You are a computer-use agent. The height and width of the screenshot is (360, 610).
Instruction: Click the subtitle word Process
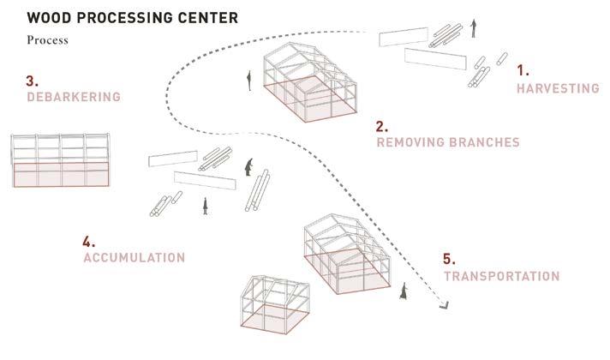pyautogui.click(x=47, y=40)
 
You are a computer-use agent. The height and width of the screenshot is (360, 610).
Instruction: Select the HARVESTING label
pyautogui.click(x=558, y=88)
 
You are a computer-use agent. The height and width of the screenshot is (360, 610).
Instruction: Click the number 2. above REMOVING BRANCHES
pyautogui.click(x=381, y=125)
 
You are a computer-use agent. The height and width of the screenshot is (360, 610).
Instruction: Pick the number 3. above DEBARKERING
pyautogui.click(x=32, y=81)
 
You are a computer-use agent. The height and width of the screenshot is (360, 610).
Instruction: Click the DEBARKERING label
pyautogui.click(x=73, y=98)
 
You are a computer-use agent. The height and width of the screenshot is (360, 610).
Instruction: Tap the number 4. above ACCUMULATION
pyautogui.click(x=89, y=241)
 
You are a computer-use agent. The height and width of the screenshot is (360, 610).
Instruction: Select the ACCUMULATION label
pyautogui.click(x=134, y=257)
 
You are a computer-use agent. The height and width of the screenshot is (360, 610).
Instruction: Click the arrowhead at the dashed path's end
pyautogui.click(x=445, y=302)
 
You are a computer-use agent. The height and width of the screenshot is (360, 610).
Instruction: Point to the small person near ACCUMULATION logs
pyautogui.click(x=205, y=206)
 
